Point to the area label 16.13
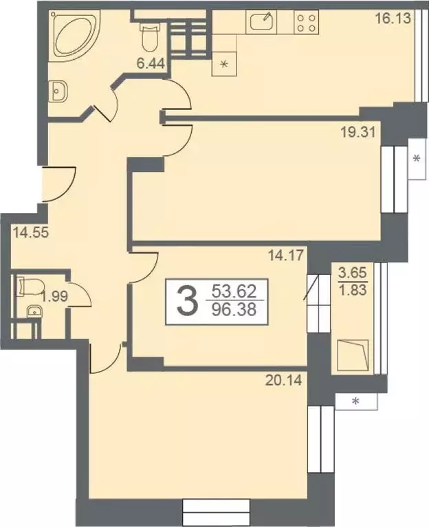(x=393, y=19)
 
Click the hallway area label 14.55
(x=28, y=232)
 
